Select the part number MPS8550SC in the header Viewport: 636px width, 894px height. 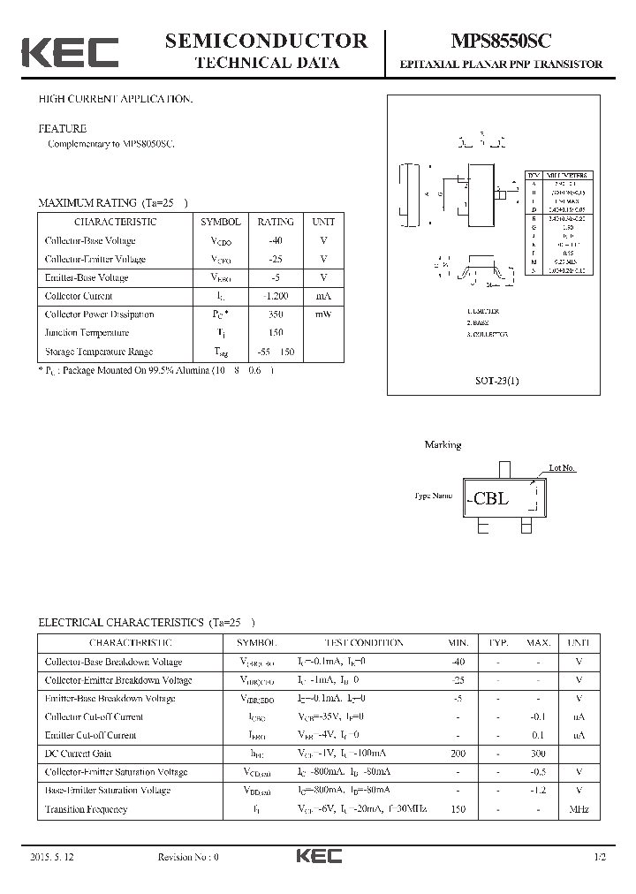[x=502, y=41]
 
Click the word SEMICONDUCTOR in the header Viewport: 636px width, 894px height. [x=266, y=41]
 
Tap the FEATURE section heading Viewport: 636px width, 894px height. [x=62, y=127]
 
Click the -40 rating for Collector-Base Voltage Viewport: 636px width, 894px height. [x=276, y=240]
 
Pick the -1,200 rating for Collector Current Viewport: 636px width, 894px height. [x=276, y=296]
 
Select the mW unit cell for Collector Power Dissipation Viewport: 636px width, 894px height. [x=323, y=314]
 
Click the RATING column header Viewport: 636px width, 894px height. [x=276, y=222]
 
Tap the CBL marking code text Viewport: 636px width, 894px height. [x=490, y=498]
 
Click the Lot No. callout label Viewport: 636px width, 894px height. [x=562, y=467]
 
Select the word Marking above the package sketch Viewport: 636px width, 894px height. [x=443, y=444]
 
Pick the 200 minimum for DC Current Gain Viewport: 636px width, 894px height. [x=458, y=754]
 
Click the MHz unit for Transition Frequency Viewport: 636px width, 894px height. [x=579, y=809]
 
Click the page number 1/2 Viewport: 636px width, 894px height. [x=601, y=857]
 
